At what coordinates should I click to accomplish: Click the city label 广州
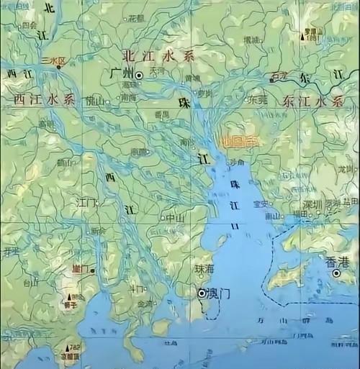119,74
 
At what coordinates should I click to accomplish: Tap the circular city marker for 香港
336,273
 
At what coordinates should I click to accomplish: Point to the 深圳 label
311,204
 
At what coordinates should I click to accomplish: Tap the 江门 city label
87,204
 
